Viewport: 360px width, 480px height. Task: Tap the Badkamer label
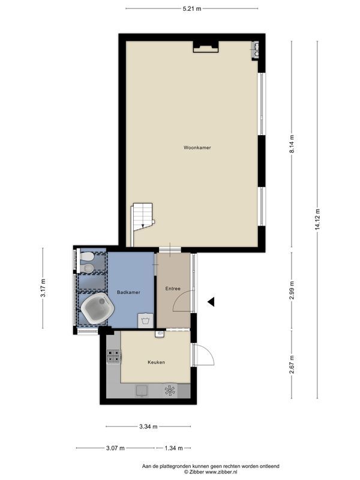pos(128,292)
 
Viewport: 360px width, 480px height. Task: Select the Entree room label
pos(173,289)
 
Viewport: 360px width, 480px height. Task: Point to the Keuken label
pos(156,362)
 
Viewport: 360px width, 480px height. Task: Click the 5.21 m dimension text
pos(192,8)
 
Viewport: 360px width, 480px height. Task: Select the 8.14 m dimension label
pos(292,144)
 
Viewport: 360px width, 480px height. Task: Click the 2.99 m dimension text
pos(292,289)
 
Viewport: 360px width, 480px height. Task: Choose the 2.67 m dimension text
pos(292,365)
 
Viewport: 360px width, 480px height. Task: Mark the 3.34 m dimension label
pos(148,427)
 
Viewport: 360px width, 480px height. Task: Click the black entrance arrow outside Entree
pos(211,302)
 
